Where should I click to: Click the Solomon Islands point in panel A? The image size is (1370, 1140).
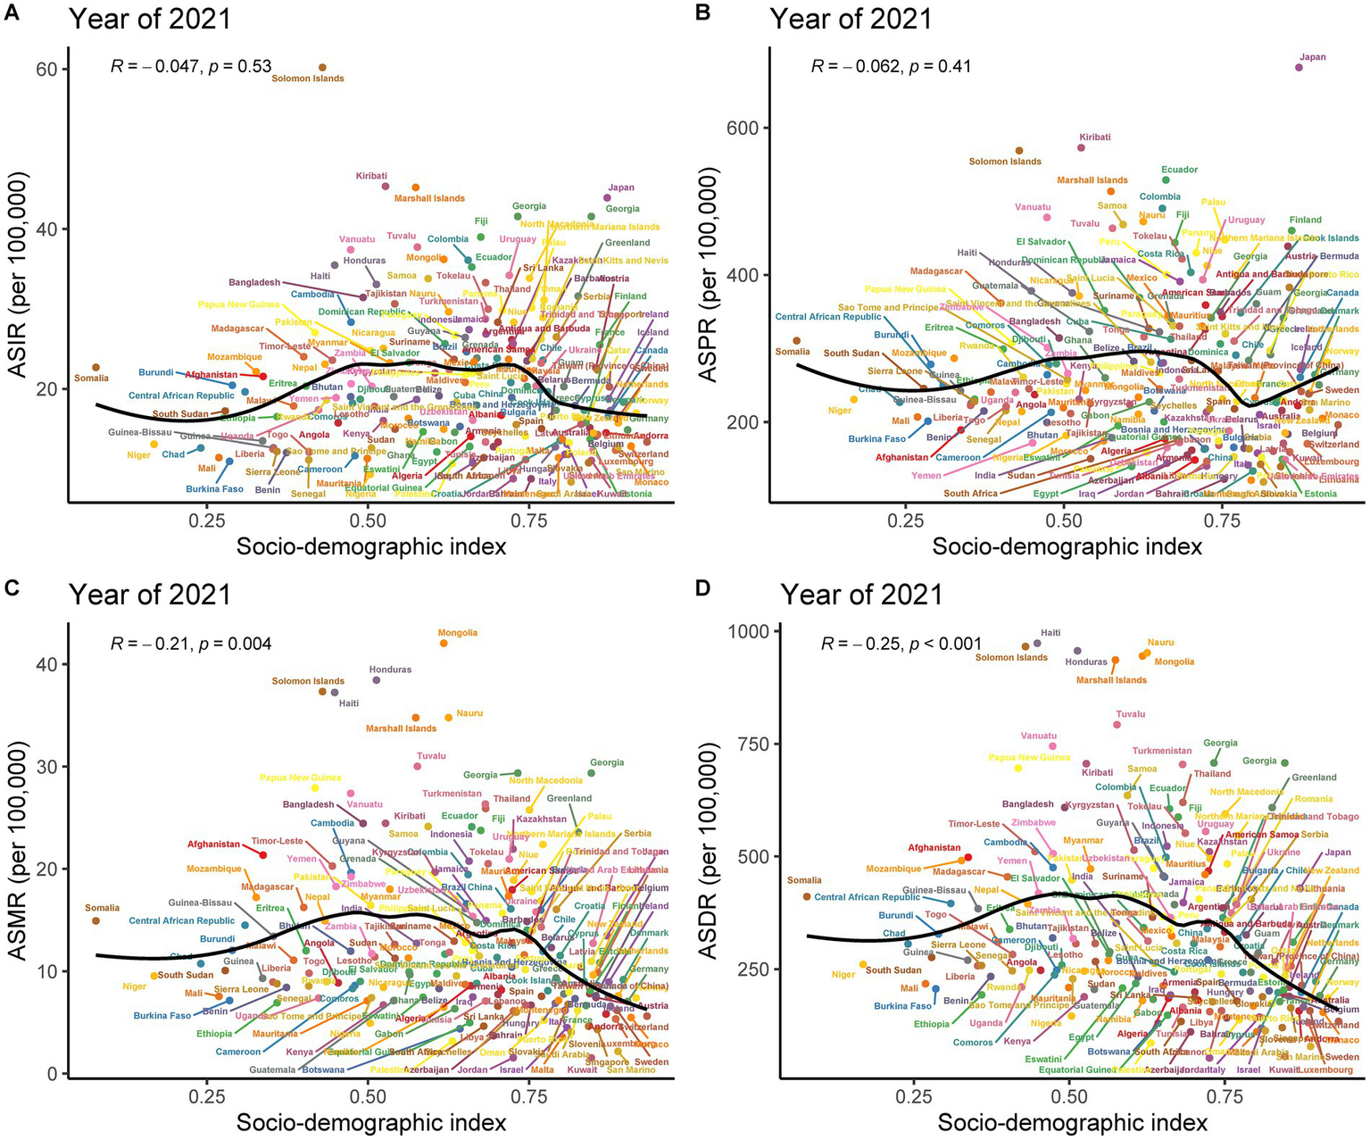click(322, 67)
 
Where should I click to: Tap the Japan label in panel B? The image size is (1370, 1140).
click(1313, 57)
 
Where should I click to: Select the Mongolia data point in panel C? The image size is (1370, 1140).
click(444, 643)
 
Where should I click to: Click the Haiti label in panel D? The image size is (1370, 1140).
click(1050, 633)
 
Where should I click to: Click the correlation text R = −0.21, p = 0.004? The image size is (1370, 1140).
click(191, 644)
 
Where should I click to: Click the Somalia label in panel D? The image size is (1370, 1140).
click(803, 880)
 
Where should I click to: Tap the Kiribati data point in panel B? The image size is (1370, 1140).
click(1081, 148)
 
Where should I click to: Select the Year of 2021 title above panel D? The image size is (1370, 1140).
click(861, 595)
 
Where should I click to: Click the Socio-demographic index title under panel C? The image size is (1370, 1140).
click(371, 1122)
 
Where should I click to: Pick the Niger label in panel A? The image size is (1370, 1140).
click(138, 455)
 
